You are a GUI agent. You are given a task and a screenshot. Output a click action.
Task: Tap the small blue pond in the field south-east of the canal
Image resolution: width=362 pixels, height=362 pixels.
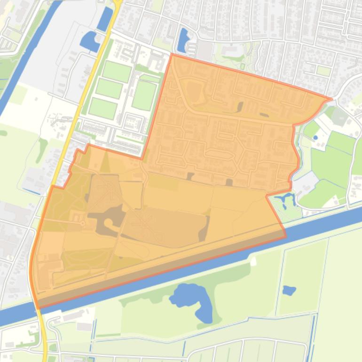pyautogui.click(x=289, y=291)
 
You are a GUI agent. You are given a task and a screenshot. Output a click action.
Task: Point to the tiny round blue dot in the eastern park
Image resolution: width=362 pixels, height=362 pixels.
pyautogui.click(x=315, y=137)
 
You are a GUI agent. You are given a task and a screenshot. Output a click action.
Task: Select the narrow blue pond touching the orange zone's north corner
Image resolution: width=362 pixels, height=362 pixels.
pyautogui.click(x=182, y=40)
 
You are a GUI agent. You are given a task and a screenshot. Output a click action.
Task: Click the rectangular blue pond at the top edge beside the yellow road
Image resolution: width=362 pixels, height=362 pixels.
pyautogui.click(x=104, y=19)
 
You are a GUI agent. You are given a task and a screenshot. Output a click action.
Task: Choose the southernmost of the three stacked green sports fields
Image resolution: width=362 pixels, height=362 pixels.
pyautogui.click(x=103, y=109)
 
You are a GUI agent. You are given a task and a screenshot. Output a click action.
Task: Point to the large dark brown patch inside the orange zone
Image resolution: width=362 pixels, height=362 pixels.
pyautogui.click(x=110, y=221)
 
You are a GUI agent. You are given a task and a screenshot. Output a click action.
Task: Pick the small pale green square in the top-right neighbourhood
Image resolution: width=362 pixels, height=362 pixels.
pyautogui.click(x=323, y=71)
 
